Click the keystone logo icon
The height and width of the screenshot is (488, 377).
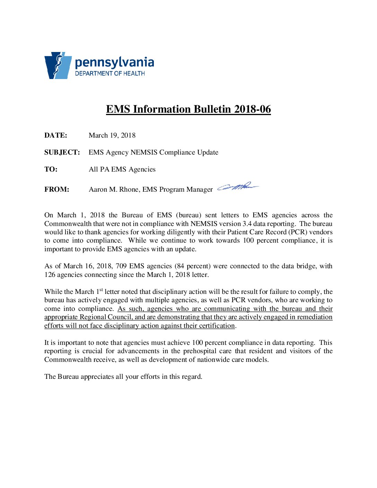[x=58, y=66]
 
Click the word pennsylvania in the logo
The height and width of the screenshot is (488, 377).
[x=114, y=62]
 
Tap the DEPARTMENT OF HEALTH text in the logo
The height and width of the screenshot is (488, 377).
[x=110, y=73]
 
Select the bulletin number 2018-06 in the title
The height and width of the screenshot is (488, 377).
[x=252, y=109]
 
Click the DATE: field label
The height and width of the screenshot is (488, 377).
[x=56, y=136]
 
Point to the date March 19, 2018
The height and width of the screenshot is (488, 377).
[x=112, y=136]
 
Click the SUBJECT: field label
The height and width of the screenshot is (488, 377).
[x=62, y=152]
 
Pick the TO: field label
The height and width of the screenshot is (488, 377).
[x=51, y=169]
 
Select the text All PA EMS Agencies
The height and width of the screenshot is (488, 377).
[x=122, y=169]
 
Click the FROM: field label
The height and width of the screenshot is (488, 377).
[x=57, y=190]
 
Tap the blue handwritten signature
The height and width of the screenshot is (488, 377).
[x=238, y=187]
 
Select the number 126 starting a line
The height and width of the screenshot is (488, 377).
[x=50, y=275]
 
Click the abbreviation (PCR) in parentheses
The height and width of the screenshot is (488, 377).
[x=298, y=232]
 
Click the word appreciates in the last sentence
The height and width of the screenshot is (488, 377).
[x=97, y=377]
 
